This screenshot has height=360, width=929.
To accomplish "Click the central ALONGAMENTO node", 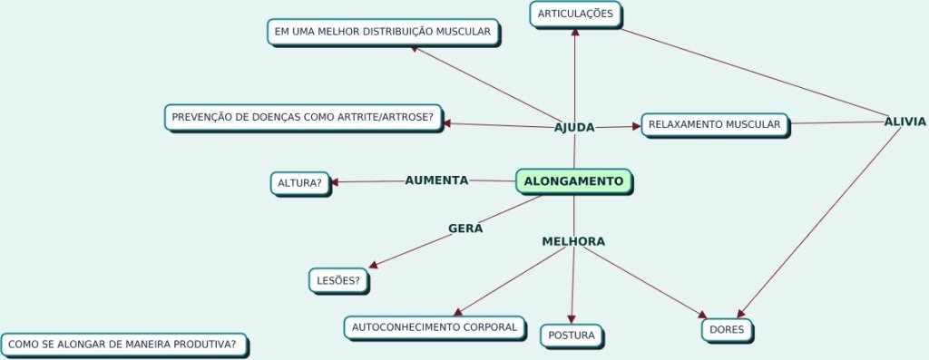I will pos(573,181).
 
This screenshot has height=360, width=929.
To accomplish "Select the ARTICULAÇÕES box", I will pos(575,14).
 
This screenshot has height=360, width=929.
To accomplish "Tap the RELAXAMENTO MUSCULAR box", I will pos(715,124).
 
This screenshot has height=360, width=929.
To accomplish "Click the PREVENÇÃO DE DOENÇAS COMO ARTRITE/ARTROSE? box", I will pos(303,118).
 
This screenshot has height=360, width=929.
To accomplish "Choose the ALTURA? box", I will pos(299,183).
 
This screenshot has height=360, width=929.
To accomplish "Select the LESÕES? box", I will pos(338,281).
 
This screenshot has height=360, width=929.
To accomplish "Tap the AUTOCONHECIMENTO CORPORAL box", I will pos(434,326).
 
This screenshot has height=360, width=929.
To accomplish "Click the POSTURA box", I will pos(572,336).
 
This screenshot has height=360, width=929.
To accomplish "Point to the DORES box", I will pos(727,330).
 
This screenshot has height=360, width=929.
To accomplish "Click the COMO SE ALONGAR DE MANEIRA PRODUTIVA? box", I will pos(123,345).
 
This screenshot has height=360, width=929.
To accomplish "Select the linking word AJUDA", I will pos(574,127).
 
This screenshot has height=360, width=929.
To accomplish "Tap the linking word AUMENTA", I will pos(436,180).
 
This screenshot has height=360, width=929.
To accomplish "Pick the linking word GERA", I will pos(465,228).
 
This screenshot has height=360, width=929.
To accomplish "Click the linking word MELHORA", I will pos(573,241).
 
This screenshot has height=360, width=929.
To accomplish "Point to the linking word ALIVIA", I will pos(905,122).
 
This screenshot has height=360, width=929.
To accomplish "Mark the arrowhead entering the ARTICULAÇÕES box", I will pos(575,31).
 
